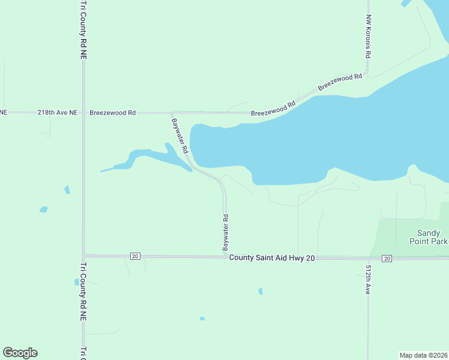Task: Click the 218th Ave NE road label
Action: point(58,112)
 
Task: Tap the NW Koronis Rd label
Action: point(369,37)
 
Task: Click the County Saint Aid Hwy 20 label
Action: point(272,257)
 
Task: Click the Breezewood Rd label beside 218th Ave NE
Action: point(113,112)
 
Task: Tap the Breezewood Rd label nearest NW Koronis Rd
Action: point(340,82)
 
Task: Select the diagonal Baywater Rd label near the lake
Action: point(180,135)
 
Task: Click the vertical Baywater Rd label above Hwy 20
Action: point(226,233)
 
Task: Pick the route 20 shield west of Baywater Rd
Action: point(134,256)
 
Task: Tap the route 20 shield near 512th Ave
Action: point(387,258)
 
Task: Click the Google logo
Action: point(20,353)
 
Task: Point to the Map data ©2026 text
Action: point(423,355)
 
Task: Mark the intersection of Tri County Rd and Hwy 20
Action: point(84,256)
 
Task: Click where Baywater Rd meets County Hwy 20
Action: point(226,257)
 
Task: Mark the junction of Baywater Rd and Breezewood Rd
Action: point(172,113)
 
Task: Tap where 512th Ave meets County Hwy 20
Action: point(368,258)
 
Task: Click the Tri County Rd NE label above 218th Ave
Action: point(83,29)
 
